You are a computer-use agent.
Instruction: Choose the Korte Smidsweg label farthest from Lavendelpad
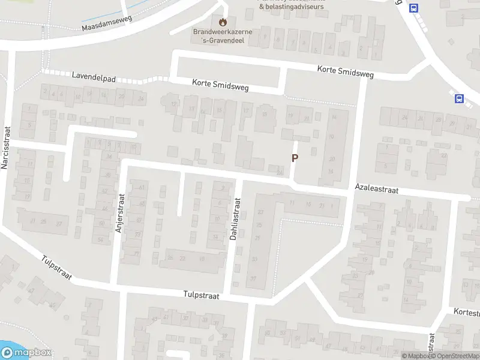point(345,73)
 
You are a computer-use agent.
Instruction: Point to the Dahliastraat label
point(236,220)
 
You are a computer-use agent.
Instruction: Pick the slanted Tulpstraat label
point(57,268)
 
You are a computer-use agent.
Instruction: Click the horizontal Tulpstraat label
point(201,296)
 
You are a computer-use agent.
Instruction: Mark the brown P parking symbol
point(295,158)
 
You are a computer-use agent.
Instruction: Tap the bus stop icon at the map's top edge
point(413,8)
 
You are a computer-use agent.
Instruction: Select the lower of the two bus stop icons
point(460,99)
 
